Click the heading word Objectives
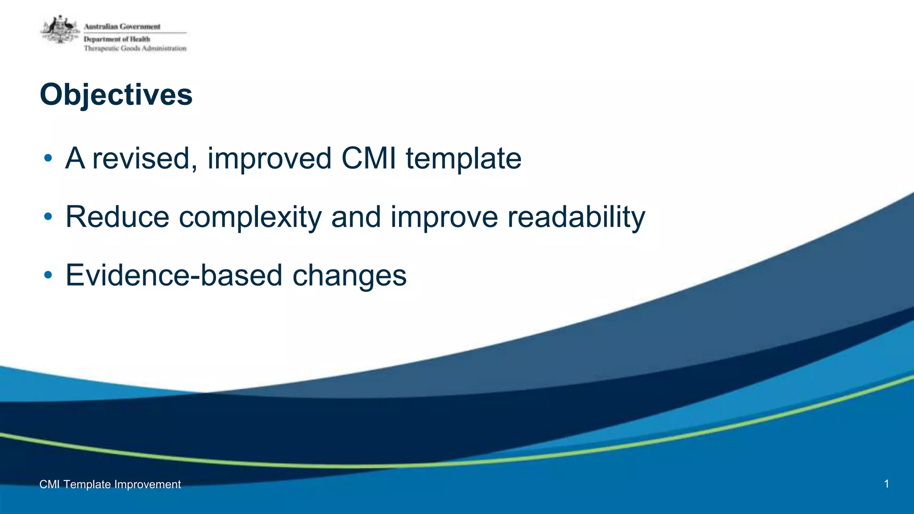(116, 95)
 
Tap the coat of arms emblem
(60, 30)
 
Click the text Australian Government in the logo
(122, 27)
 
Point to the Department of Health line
(117, 39)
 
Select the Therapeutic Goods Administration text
(135, 48)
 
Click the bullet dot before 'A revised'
(48, 158)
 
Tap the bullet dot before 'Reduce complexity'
(48, 217)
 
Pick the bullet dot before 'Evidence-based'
(48, 275)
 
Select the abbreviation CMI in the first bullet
(369, 158)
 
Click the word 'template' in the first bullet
(463, 158)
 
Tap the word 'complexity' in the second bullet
(250, 217)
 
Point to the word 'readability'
(576, 217)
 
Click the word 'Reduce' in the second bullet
(117, 217)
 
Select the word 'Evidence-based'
(174, 275)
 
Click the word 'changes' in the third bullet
(349, 275)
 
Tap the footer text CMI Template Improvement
(110, 484)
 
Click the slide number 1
(886, 484)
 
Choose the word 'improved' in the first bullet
(269, 158)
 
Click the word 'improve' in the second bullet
(444, 217)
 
